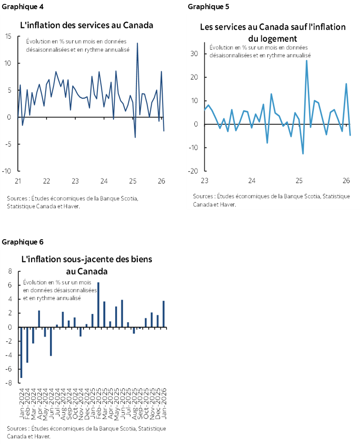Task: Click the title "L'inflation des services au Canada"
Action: click(x=87, y=25)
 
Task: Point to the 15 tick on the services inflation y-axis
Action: click(x=8, y=36)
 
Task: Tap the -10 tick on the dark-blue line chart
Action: click(x=7, y=171)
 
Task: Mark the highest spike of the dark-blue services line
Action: click(x=137, y=43)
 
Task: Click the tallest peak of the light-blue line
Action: click(x=307, y=61)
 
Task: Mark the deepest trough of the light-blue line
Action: click(x=303, y=153)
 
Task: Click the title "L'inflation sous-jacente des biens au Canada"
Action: click(x=87, y=265)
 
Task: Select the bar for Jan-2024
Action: click(x=21, y=352)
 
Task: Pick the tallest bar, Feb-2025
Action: click(x=98, y=304)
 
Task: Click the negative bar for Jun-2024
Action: click(x=51, y=341)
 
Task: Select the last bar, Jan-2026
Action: click(x=163, y=314)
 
